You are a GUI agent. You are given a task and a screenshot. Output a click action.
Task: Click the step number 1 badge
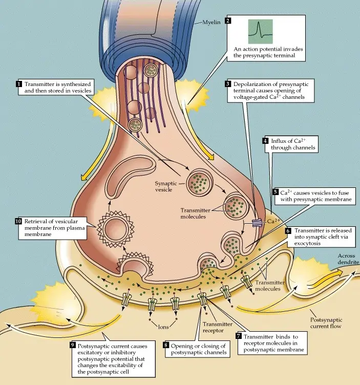19,83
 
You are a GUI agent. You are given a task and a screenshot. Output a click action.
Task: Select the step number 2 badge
228,21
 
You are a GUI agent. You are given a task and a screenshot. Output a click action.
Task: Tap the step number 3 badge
228,83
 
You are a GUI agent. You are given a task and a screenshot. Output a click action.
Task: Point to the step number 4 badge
265,141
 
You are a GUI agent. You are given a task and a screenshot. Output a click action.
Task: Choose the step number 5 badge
275,192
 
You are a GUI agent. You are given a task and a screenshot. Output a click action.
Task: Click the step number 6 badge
289,231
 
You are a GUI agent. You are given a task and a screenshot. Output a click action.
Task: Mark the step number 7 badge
239,336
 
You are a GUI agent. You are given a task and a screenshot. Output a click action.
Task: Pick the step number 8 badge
166,345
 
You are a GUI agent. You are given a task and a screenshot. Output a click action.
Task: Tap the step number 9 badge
73,345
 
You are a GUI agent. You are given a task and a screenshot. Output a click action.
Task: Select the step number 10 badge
18,221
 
